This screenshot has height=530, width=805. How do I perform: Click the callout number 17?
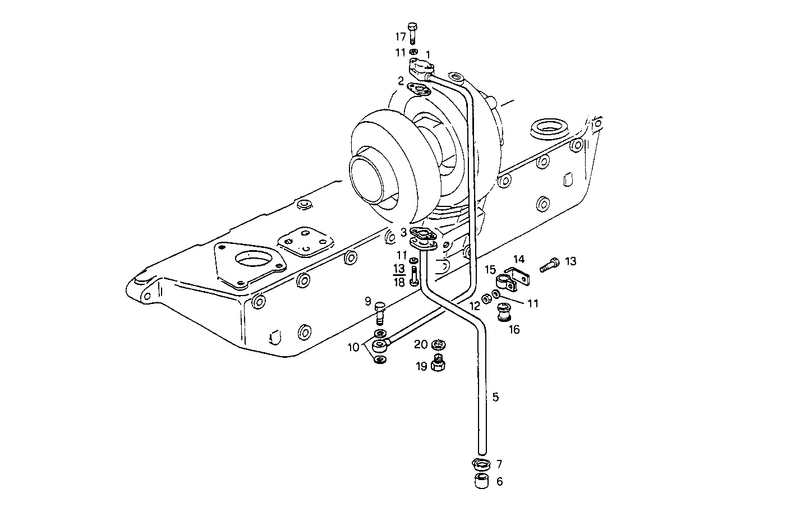coord(400,37)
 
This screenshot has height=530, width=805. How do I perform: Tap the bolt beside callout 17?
coord(413,33)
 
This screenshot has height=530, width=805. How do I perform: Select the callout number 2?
coord(401,81)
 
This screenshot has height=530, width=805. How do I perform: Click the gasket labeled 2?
coord(418,89)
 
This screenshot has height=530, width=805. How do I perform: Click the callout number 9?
coord(369,301)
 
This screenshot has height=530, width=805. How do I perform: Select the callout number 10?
coord(353,347)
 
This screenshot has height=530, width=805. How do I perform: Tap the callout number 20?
coord(421,344)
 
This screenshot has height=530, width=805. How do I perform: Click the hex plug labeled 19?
coord(439,364)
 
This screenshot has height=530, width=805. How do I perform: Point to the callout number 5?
coord(495,397)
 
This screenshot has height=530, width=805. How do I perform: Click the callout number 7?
coord(499,464)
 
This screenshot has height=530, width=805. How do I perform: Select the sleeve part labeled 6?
coord(481,482)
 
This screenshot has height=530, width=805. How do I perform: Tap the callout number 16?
coord(514,329)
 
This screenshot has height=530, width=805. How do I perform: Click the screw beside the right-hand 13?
coord(550,264)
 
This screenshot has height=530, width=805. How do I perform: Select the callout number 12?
coord(475,306)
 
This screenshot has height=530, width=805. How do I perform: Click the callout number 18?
coord(399,283)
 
